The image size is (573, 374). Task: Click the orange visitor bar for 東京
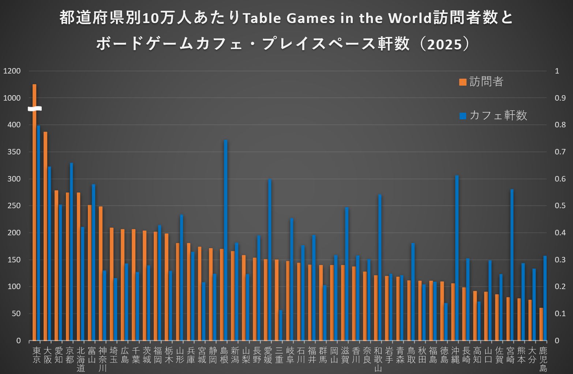[x=34, y=220]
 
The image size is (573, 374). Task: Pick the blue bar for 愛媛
[x=270, y=259]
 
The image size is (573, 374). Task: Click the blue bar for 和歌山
[x=380, y=267]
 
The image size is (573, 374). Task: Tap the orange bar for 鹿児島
[x=541, y=324]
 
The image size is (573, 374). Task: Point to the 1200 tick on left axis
[x=12, y=71]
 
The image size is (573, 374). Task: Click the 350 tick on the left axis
[x=14, y=152]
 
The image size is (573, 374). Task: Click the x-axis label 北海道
[x=81, y=359]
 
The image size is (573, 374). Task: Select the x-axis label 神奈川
[x=103, y=359]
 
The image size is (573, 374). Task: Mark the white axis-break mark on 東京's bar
[x=35, y=109]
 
